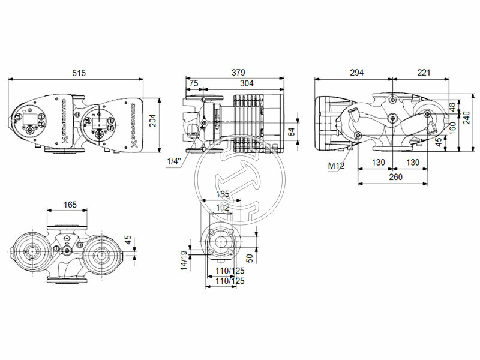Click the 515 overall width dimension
[x=79, y=73]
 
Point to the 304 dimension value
[x=247, y=83]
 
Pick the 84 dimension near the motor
[x=292, y=132]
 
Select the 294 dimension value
[x=356, y=73]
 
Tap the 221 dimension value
[x=424, y=73]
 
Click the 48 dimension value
[x=452, y=107]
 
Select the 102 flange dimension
[x=223, y=208]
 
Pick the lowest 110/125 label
[x=229, y=281]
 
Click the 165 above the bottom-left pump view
[x=70, y=205]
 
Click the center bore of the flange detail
[x=223, y=241]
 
